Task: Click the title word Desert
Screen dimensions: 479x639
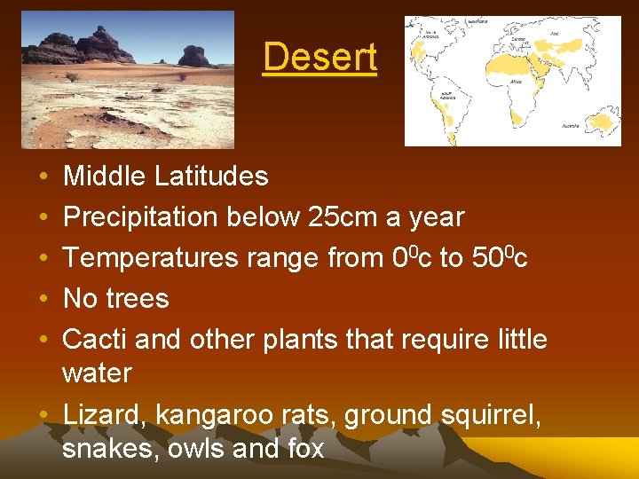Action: point(319,58)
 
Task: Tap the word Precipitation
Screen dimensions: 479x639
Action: point(141,217)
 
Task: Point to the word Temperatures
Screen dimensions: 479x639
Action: point(151,258)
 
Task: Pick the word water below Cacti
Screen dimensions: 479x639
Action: point(97,373)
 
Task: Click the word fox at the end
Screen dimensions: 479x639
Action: point(304,449)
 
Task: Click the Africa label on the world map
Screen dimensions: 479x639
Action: point(517,81)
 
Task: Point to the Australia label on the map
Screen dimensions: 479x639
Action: point(569,126)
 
